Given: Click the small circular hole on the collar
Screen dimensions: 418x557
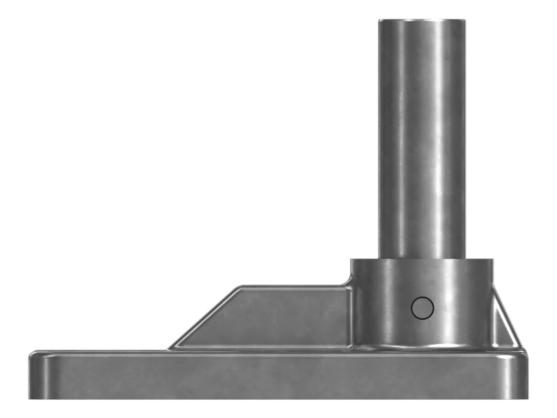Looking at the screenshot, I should pyautogui.click(x=422, y=307).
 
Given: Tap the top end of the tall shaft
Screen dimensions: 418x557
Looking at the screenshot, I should pyautogui.click(x=422, y=21).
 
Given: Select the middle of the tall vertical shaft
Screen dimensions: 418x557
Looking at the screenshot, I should pyautogui.click(x=422, y=139).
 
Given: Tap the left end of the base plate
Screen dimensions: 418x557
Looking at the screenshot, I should pyautogui.click(x=31, y=376).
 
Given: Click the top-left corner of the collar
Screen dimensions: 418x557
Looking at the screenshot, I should pyautogui.click(x=351, y=261).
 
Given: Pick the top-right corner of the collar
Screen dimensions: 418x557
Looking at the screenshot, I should pyautogui.click(x=493, y=261).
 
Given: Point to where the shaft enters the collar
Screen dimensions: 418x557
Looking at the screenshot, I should pyautogui.click(x=422, y=259).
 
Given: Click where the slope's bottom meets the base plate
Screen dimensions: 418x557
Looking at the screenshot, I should pyautogui.click(x=168, y=347).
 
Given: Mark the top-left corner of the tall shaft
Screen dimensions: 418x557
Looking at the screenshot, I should pyautogui.click(x=379, y=20).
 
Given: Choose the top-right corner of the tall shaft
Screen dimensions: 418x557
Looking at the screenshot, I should pyautogui.click(x=466, y=20).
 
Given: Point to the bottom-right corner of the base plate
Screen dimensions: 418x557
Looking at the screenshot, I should pyautogui.click(x=527, y=398).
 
